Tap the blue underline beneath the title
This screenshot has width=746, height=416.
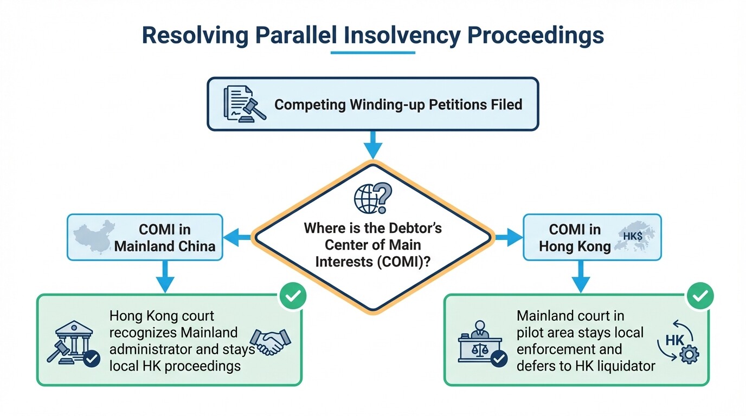[372, 53]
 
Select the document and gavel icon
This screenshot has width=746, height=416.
[244, 103]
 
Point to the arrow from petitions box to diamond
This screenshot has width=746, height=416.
[372, 146]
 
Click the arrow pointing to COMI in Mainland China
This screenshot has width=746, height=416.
[237, 237]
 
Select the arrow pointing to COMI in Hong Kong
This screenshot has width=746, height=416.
[507, 237]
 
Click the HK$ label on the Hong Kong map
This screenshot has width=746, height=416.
[633, 236]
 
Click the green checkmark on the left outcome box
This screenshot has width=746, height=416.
[292, 296]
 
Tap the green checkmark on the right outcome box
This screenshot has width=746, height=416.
[700, 296]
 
